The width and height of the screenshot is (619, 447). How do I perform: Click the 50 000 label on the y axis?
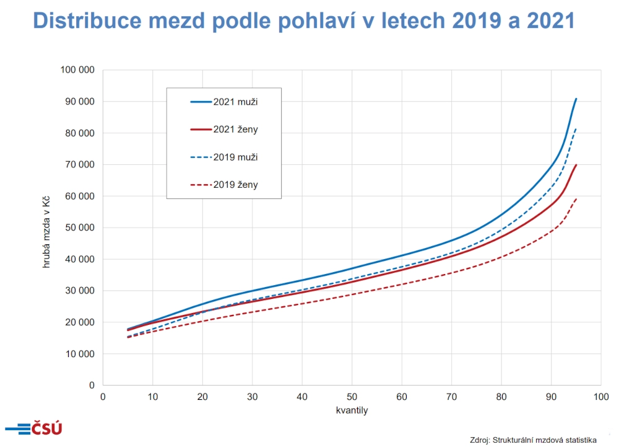[x=79, y=228]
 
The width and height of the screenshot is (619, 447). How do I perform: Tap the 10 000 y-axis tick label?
[x=79, y=354]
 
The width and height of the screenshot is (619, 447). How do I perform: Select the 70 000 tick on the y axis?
[x=79, y=164]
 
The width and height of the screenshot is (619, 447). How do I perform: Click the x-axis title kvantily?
[x=352, y=410]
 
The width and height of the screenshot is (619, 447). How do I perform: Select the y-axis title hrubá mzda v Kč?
[x=46, y=228]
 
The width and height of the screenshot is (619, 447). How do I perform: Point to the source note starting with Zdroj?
[x=532, y=440]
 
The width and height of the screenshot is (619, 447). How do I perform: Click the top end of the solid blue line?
[x=576, y=99]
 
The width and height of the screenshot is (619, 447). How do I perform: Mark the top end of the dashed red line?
[x=576, y=198]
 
